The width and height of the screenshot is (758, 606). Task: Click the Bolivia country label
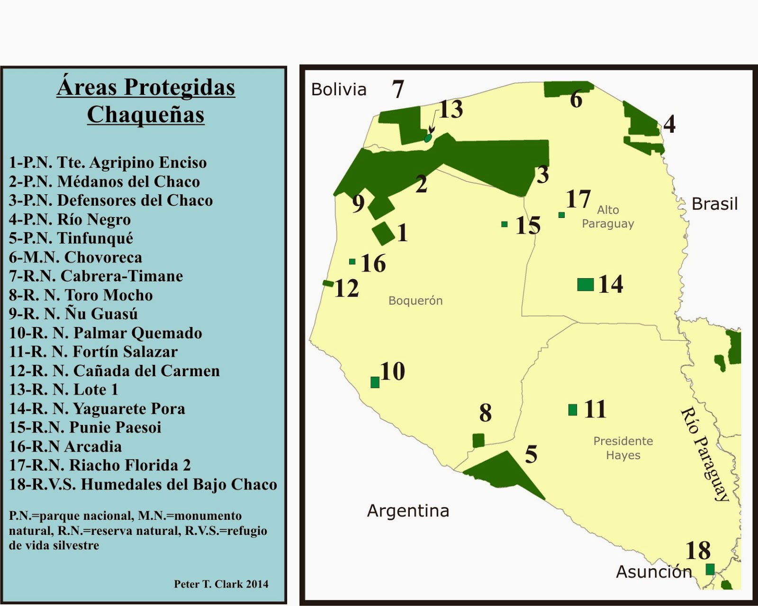[339, 90]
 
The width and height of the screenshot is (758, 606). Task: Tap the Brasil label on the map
[714, 204]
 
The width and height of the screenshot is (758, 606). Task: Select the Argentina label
[408, 511]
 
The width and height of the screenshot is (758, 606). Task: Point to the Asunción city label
[654, 572]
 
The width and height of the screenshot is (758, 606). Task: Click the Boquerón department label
[415, 301]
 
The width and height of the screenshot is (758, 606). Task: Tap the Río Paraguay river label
[704, 454]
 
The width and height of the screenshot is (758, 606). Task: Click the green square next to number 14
[586, 285]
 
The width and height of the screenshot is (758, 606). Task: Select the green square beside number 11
[573, 410]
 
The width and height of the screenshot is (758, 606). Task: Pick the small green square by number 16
[352, 262]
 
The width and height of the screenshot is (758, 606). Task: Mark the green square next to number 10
[375, 382]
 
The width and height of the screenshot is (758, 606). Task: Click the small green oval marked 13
[428, 138]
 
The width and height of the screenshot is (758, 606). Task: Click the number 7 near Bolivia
[397, 90]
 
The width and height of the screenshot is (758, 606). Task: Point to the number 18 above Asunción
[698, 551]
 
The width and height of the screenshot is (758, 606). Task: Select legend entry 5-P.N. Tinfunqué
[71, 238]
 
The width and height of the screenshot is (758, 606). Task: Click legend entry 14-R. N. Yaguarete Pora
[97, 408]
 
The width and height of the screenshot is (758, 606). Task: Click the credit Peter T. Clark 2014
[221, 584]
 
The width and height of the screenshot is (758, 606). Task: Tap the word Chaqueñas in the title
[145, 115]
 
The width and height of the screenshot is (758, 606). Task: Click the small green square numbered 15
[505, 224]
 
